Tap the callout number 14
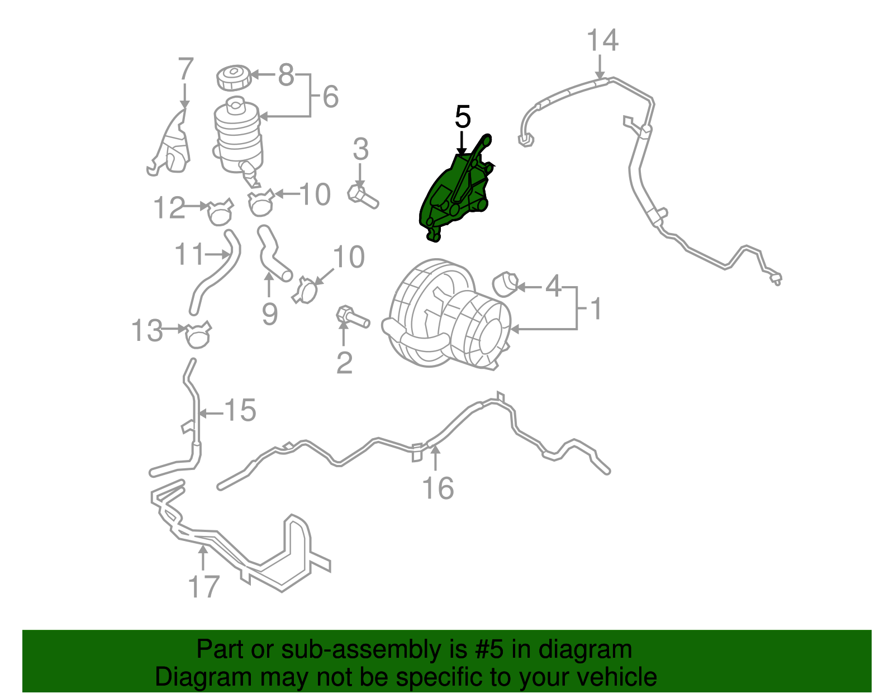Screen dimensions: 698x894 [x=602, y=41]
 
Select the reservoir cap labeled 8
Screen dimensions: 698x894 [x=234, y=77]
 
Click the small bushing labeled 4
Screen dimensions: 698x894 [x=506, y=284]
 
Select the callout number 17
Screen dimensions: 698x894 [x=204, y=587]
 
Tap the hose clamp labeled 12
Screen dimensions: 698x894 [x=218, y=211]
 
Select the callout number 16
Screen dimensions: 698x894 [x=438, y=488]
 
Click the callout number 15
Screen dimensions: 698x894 [x=240, y=411]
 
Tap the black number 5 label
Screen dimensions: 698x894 [x=463, y=117]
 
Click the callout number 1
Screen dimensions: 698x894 [x=596, y=308]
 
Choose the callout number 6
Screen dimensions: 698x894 [x=330, y=97]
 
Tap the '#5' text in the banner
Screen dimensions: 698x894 [x=489, y=649]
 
